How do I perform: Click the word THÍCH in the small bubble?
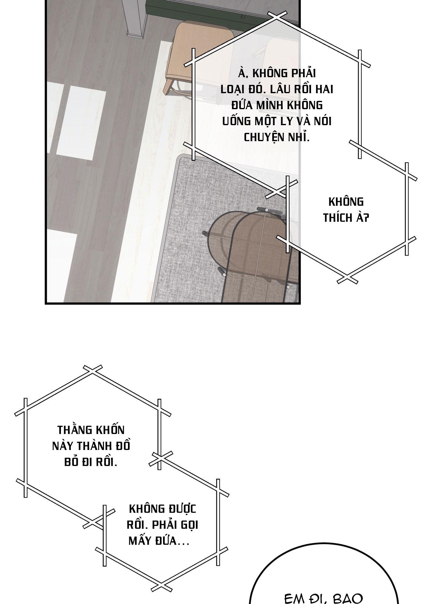[x=338, y=218]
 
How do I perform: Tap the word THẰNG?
[x=74, y=430]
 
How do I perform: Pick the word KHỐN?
[x=109, y=430]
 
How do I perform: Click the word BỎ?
[x=71, y=462]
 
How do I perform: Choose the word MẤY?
[x=141, y=541]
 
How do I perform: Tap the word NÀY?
[x=63, y=446]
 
